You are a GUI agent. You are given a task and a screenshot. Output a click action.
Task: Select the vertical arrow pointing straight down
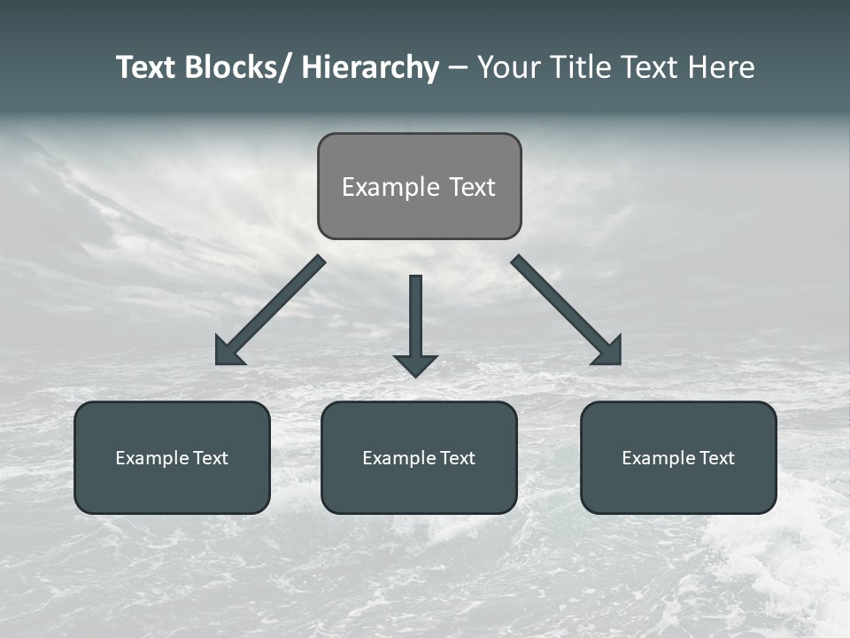click(415, 319)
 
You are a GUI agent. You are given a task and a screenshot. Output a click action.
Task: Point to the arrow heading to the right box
click(568, 311)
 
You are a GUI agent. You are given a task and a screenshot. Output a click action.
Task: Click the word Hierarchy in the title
click(370, 67)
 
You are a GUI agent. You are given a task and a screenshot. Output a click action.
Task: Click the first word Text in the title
click(146, 67)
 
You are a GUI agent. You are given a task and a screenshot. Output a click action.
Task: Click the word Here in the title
click(722, 67)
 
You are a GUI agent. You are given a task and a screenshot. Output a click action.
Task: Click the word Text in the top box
click(472, 187)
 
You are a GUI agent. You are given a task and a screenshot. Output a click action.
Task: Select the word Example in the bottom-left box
click(151, 458)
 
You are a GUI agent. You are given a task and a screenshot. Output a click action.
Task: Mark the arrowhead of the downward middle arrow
click(415, 365)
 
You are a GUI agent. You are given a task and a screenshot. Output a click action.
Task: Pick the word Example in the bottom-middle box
click(398, 458)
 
